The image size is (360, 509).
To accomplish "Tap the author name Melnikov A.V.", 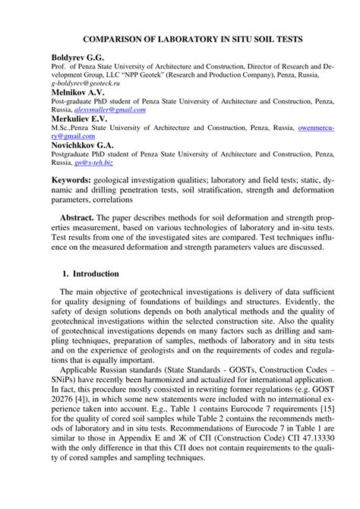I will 77,92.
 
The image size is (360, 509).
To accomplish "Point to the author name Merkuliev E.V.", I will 79,119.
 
